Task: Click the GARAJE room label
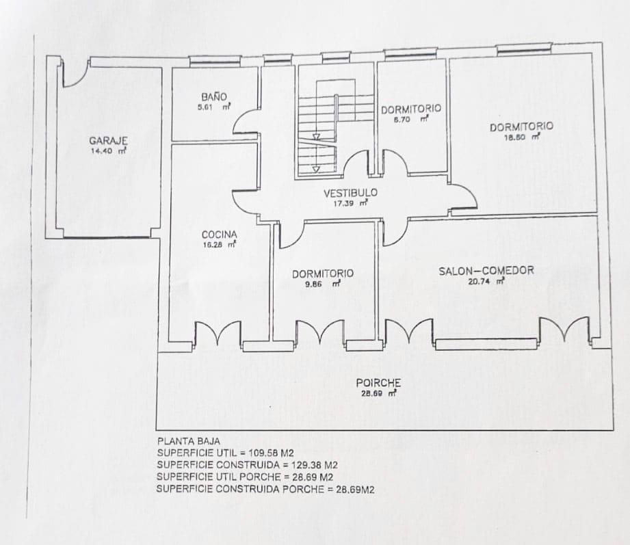tap(108, 140)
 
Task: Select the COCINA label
tap(219, 234)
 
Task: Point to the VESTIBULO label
tap(350, 194)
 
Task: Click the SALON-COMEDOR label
tap(486, 271)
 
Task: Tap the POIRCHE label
tap(378, 383)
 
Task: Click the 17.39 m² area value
tap(350, 203)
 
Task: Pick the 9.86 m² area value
tap(322, 283)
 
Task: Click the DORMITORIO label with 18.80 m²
tap(521, 127)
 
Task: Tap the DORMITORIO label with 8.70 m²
tap(411, 109)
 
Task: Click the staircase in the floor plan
tap(326, 130)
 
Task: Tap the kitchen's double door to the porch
tap(218, 334)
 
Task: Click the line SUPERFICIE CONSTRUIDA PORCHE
tap(265, 489)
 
